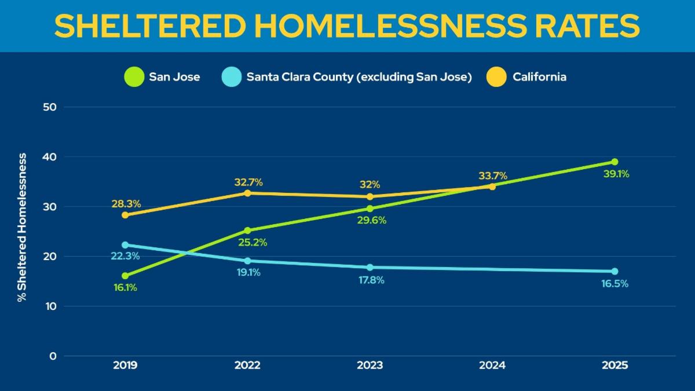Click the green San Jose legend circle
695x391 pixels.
tap(134, 77)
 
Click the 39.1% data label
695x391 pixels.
tap(616, 174)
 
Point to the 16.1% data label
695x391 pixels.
tap(125, 287)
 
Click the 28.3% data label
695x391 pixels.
tap(126, 204)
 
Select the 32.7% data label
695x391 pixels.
tap(248, 182)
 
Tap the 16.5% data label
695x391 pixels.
tap(615, 284)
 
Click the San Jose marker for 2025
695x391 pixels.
tap(614, 162)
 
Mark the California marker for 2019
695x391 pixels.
tap(125, 215)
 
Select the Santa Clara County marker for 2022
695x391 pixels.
tap(248, 261)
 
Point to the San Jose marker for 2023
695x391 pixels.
tap(370, 209)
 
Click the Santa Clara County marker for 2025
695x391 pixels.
tap(614, 271)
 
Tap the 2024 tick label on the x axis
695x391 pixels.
tap(492, 366)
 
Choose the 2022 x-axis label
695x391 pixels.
tap(248, 366)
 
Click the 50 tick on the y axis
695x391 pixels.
tap(52, 107)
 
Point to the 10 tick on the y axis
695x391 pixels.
tap(52, 306)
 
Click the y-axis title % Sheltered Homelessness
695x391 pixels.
tap(21, 228)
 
